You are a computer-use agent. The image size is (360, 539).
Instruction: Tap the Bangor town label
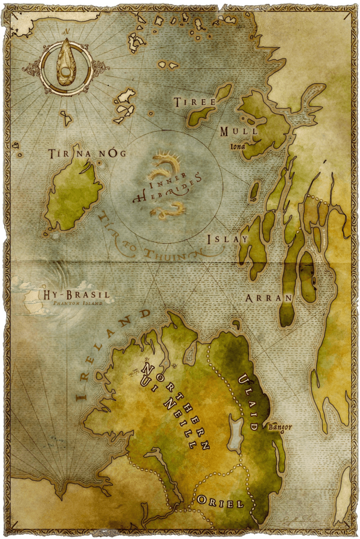(279, 427)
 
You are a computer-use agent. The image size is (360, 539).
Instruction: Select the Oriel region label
(221, 503)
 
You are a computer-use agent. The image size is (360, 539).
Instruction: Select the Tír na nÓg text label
(87, 154)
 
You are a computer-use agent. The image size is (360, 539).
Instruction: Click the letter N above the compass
(66, 32)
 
